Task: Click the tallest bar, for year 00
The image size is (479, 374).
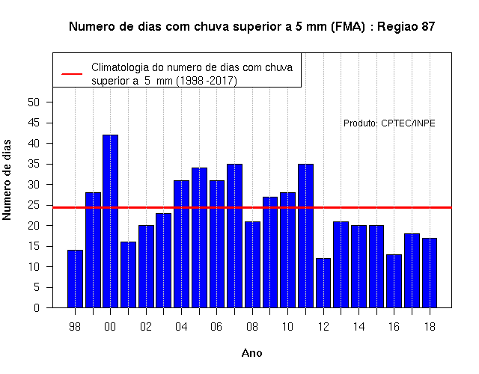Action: pos(110,221)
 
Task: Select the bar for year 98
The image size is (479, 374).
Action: pos(75,279)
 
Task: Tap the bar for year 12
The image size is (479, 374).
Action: pos(323,283)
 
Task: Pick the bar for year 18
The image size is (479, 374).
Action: pos(430,272)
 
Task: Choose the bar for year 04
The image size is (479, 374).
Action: pos(181,244)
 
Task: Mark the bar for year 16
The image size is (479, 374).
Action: pos(394,281)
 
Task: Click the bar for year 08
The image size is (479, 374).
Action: pos(252,264)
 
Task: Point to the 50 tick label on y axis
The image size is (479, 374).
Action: pos(34,102)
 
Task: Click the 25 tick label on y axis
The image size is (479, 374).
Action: pos(34,205)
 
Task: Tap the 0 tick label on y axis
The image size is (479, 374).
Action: pos(37,307)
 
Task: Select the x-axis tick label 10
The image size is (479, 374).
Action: pos(287,327)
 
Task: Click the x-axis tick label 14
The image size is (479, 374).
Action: pos(359,327)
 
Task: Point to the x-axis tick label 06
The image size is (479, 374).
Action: pos(216,327)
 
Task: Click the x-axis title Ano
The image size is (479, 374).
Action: pos(251,353)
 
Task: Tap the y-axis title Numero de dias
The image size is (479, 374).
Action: pos(7,180)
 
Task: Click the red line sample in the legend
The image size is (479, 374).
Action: pos(72,74)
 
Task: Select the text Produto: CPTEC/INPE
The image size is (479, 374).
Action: pos(389,123)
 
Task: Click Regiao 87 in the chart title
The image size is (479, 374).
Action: pos(406,27)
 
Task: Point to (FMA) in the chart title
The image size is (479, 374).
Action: pos(347,27)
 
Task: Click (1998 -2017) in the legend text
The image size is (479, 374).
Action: pos(207,81)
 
